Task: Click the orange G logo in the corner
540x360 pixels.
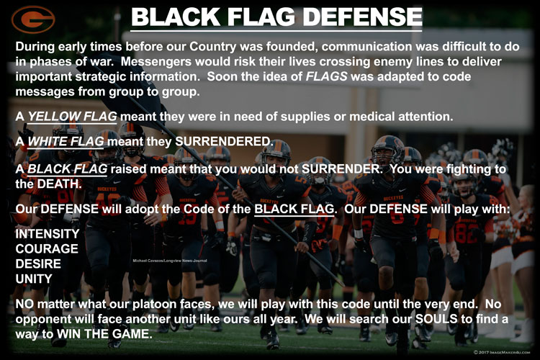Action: click(x=33, y=19)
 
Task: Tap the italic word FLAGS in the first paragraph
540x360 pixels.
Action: click(x=326, y=76)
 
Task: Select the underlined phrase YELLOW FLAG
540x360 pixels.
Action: click(x=72, y=117)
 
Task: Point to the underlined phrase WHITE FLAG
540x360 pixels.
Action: click(x=66, y=141)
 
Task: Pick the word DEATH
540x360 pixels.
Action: click(x=59, y=184)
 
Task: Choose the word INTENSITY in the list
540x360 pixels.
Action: click(x=48, y=233)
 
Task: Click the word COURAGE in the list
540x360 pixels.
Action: click(x=47, y=248)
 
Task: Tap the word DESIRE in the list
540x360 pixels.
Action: click(x=38, y=264)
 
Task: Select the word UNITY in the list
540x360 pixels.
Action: click(x=34, y=279)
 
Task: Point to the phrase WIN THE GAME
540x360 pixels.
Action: click(x=104, y=334)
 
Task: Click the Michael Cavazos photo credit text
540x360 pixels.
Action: click(x=170, y=261)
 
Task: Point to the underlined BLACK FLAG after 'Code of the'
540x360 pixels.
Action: click(x=294, y=209)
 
